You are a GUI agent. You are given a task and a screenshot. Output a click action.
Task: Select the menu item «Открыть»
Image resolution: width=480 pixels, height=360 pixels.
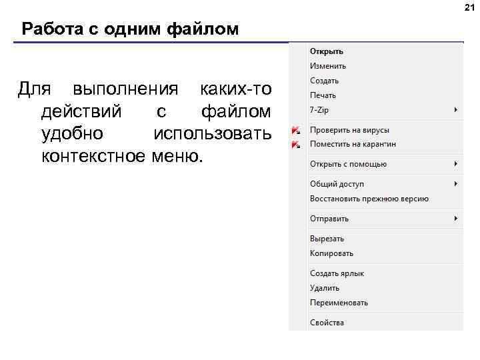pyautogui.click(x=326, y=51)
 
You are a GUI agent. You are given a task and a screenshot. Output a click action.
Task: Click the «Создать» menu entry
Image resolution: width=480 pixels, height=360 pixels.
pyautogui.click(x=324, y=81)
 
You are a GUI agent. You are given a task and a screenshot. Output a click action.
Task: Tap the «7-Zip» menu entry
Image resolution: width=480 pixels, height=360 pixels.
pyautogui.click(x=320, y=109)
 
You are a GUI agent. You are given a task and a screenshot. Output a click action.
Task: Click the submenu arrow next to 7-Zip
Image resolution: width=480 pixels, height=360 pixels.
pyautogui.click(x=456, y=109)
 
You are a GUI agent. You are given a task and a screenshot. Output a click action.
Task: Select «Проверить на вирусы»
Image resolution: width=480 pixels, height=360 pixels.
pyautogui.click(x=349, y=130)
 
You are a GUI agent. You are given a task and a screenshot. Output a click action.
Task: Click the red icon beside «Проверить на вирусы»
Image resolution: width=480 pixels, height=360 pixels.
pyautogui.click(x=295, y=130)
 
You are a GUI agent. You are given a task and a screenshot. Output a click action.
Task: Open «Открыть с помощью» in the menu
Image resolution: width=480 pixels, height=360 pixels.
pyautogui.click(x=348, y=164)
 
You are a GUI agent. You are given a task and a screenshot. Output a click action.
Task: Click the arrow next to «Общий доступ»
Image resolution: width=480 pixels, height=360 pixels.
pyautogui.click(x=456, y=184)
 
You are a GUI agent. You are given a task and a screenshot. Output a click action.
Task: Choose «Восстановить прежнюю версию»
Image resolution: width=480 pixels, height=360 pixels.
pyautogui.click(x=369, y=199)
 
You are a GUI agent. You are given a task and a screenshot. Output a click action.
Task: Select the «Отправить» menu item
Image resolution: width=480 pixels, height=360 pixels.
pyautogui.click(x=329, y=219)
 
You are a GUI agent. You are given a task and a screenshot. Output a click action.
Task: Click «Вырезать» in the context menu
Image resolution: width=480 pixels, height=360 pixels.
pyautogui.click(x=327, y=239)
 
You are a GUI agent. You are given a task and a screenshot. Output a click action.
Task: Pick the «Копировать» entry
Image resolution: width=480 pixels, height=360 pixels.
pyautogui.click(x=331, y=253)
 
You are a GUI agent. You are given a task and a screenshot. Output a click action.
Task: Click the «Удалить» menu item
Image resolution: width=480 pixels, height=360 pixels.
pyautogui.click(x=325, y=288)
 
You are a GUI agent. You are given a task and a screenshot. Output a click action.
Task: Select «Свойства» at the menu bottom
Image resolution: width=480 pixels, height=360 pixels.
pyautogui.click(x=327, y=323)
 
